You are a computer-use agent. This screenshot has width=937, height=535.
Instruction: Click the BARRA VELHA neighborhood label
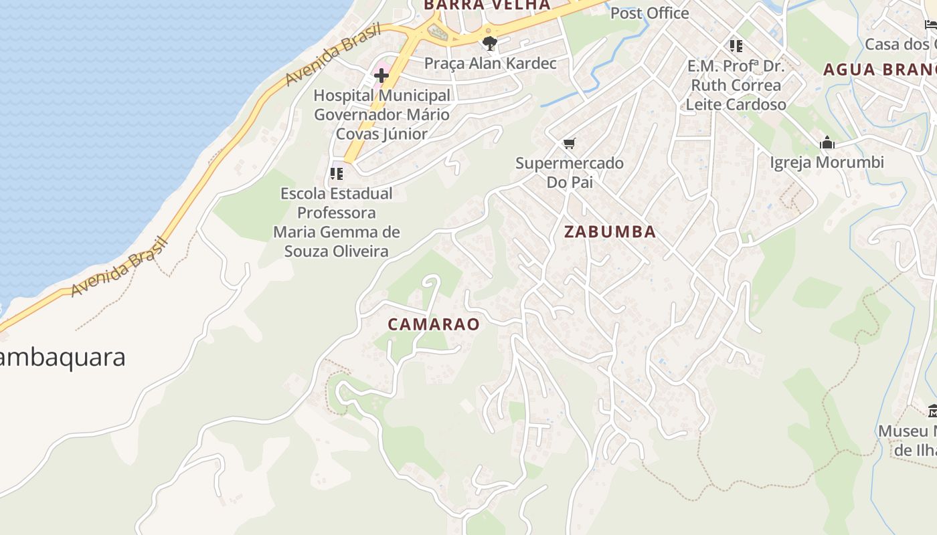[x=487, y=5]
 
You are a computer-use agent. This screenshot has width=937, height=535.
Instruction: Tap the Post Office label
[x=649, y=13]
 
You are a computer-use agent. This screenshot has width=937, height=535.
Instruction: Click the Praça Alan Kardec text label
[x=491, y=64]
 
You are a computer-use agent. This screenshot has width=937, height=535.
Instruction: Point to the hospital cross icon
[x=381, y=76]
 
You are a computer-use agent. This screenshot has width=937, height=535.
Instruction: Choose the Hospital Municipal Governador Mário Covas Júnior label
[x=382, y=114]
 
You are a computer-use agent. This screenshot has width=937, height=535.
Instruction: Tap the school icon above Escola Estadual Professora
[x=337, y=174]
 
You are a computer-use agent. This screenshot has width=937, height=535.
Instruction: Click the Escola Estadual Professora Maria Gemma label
[x=337, y=223]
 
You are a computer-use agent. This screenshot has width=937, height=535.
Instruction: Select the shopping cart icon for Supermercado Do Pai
[x=570, y=144]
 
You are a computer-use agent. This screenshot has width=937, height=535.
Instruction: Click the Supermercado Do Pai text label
[x=570, y=173]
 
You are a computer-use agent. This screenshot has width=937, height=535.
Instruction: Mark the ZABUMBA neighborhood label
[x=610, y=232]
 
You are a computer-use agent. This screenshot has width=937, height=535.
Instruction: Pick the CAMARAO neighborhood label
[x=434, y=324]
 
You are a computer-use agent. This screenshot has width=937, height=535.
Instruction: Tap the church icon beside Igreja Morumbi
[x=827, y=143]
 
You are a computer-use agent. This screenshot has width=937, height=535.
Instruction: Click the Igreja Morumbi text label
[x=827, y=163]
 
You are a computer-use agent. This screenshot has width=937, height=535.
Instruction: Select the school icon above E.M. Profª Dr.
[x=736, y=46]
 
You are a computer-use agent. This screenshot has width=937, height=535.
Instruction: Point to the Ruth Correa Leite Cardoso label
[x=736, y=95]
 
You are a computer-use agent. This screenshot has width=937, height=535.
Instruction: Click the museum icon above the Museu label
[x=932, y=411]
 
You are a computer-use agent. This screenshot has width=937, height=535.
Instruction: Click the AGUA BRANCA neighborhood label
[x=879, y=70]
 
